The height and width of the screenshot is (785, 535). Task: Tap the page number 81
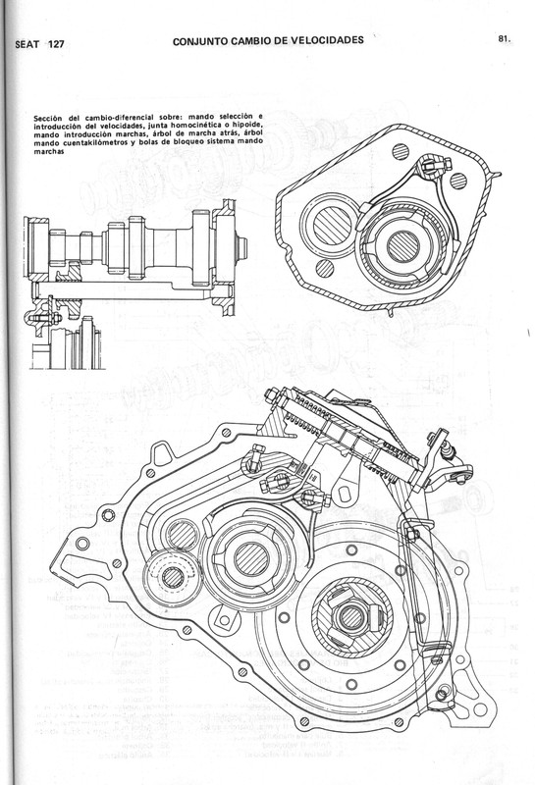click(x=505, y=40)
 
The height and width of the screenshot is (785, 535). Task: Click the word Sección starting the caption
click(x=48, y=117)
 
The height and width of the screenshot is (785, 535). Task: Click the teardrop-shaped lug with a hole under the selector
click(x=279, y=480)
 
